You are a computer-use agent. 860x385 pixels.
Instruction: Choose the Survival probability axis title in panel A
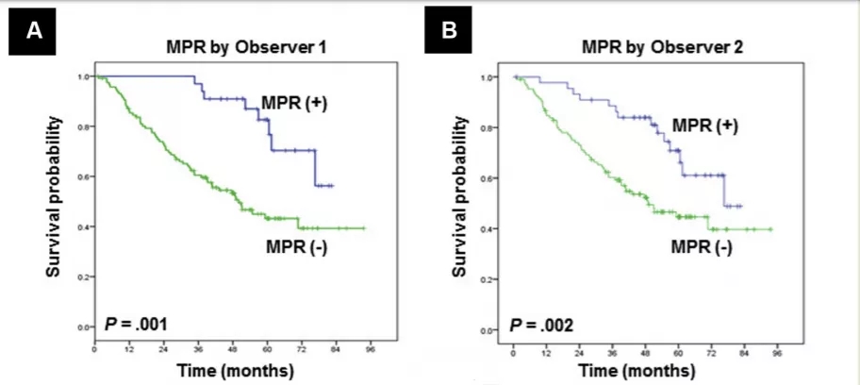coord(58,198)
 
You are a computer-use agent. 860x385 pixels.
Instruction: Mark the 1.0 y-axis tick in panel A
coord(85,76)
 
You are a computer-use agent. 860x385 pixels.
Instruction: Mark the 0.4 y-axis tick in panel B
coord(503,229)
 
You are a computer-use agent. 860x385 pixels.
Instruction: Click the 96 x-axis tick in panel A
coord(372,348)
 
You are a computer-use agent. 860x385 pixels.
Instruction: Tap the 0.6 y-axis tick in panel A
coord(85,176)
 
